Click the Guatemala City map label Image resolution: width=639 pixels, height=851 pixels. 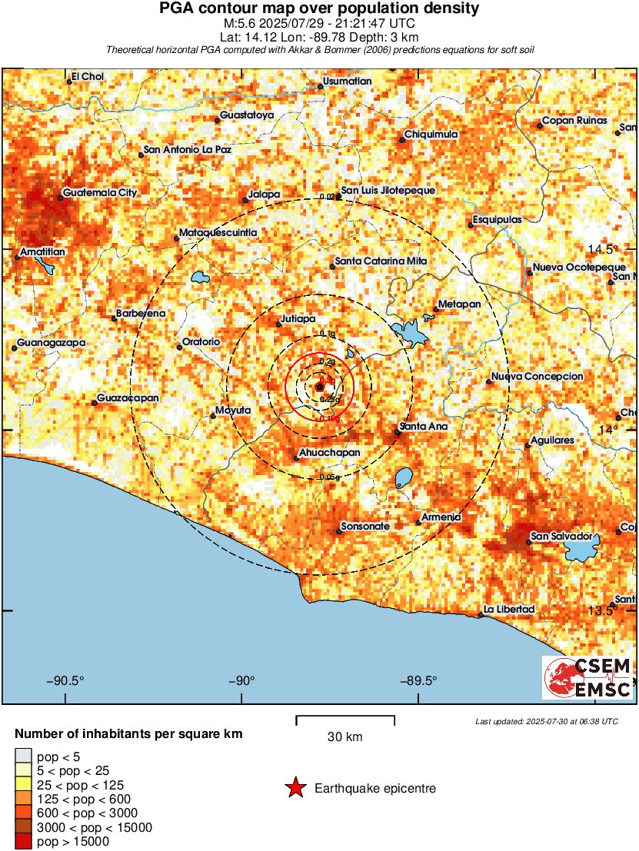point(100,193)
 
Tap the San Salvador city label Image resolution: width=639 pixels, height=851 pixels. point(562,535)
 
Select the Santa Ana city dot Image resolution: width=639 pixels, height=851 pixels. point(397,433)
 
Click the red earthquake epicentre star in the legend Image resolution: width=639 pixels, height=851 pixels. point(295,788)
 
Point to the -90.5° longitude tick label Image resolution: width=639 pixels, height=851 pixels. point(65,680)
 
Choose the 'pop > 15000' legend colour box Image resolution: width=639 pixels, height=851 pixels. point(23,842)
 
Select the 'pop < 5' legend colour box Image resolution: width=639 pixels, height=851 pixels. point(23,757)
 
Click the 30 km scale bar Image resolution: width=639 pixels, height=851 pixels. point(345,720)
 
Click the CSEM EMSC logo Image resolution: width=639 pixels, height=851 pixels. point(588,677)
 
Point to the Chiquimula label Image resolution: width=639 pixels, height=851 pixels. point(431,135)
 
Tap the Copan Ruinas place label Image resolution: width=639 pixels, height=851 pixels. point(574,121)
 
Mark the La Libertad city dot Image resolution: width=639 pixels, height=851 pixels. point(481,615)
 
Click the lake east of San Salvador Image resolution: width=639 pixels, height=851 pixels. point(582,549)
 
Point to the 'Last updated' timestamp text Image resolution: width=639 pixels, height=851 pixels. point(546,721)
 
